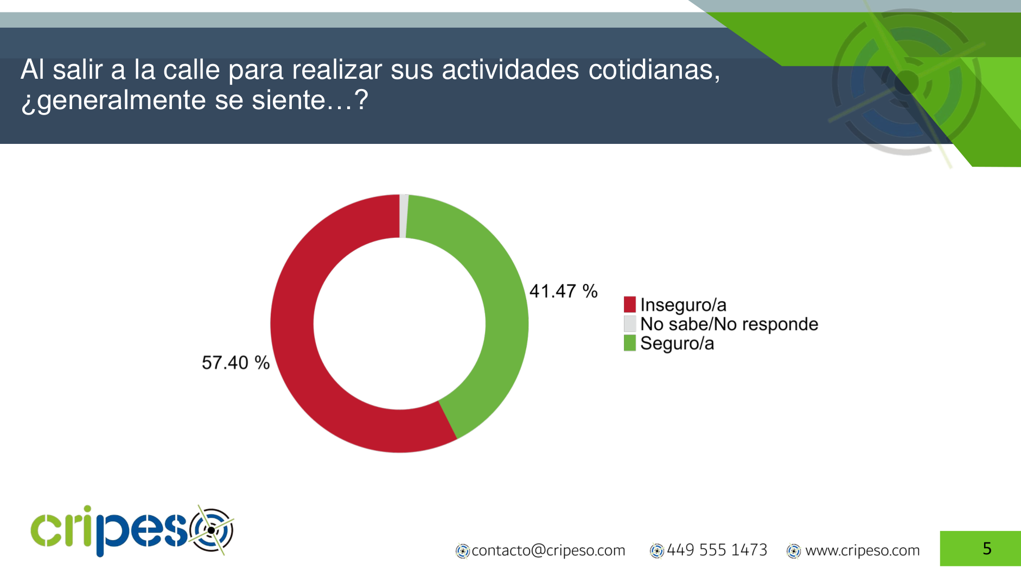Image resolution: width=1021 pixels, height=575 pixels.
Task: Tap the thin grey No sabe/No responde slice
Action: [404, 216]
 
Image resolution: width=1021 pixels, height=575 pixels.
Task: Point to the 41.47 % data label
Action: [563, 292]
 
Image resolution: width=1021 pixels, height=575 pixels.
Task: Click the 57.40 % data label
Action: [235, 363]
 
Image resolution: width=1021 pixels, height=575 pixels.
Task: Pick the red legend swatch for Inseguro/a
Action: [629, 305]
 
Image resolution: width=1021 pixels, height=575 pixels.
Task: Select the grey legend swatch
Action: [629, 324]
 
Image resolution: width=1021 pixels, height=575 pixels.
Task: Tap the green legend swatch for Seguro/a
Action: [629, 343]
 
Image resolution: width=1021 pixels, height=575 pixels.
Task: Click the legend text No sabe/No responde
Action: [729, 324]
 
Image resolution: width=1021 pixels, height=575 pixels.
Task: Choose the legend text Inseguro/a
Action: [683, 305]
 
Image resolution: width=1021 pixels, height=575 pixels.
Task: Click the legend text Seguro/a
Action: [677, 344]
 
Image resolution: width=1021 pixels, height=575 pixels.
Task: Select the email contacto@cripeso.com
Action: [548, 551]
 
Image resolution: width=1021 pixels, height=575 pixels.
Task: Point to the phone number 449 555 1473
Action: [717, 550]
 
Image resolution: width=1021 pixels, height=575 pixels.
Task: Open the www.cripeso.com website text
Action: [862, 551]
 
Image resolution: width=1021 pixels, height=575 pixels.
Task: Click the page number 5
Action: [987, 548]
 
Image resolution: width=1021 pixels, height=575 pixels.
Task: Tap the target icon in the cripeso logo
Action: [212, 530]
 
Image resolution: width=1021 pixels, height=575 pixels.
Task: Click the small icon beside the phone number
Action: [656, 551]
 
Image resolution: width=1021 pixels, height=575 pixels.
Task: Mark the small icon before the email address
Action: [462, 551]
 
